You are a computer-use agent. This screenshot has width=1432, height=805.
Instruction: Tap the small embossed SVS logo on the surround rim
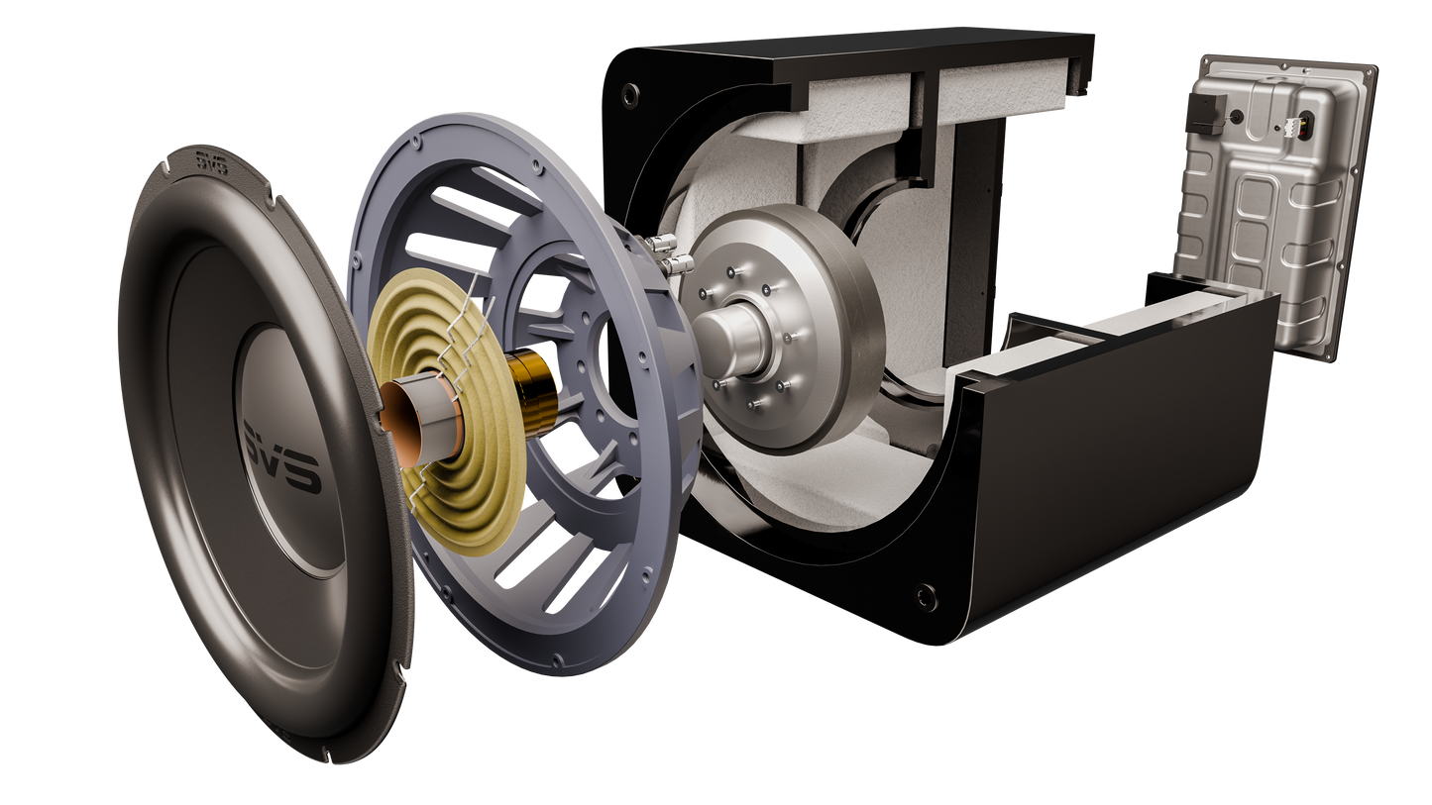212,163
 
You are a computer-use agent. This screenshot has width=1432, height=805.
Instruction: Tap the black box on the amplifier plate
1206,113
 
